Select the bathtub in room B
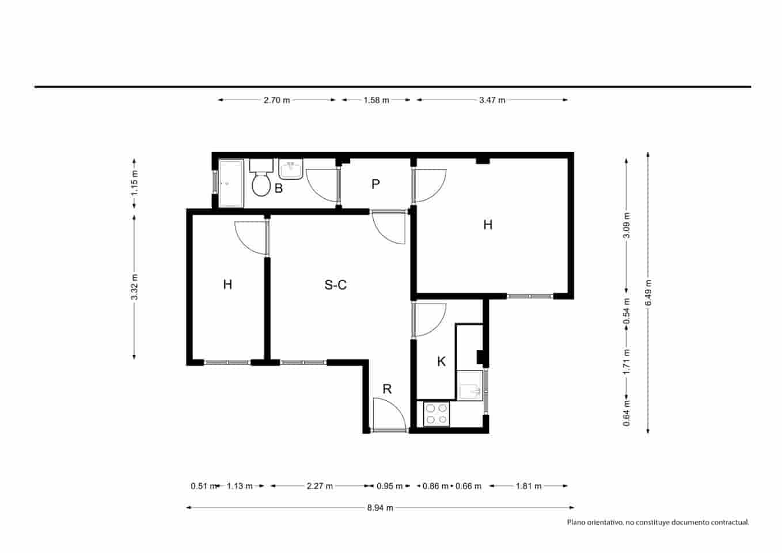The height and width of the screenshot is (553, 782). point(231,183)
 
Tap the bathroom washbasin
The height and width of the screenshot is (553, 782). point(291,169)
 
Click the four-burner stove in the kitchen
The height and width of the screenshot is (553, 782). point(436,414)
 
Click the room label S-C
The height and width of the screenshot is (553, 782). point(335,285)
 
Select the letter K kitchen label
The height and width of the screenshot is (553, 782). point(441,362)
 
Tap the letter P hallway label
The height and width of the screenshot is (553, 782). point(375,184)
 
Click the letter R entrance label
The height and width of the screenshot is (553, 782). point(387,389)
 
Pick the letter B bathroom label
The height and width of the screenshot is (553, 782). point(278,188)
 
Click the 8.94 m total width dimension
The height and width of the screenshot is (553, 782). point(380,507)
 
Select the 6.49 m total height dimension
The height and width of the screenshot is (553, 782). point(648,292)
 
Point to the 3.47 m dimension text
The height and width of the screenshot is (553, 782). point(492,100)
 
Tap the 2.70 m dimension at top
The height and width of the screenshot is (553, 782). point(276,100)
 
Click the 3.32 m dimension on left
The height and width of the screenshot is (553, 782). point(134,286)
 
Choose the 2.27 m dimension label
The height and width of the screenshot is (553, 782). point(320,486)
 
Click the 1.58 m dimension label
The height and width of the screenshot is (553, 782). point(376,100)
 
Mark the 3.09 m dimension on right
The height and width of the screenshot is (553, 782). point(627,225)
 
